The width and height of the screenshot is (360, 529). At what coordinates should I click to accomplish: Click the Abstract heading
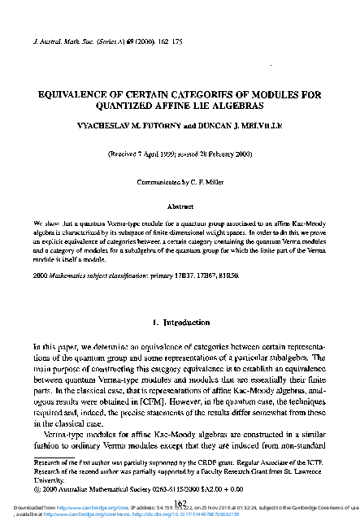tap(179, 206)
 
